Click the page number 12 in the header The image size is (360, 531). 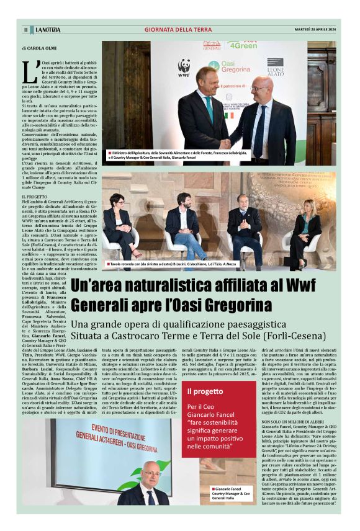[x=25, y=30]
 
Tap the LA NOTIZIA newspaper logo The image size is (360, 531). [x=47, y=30]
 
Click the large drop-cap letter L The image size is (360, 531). [x=29, y=71]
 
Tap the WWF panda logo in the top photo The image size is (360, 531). [x=184, y=67]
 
